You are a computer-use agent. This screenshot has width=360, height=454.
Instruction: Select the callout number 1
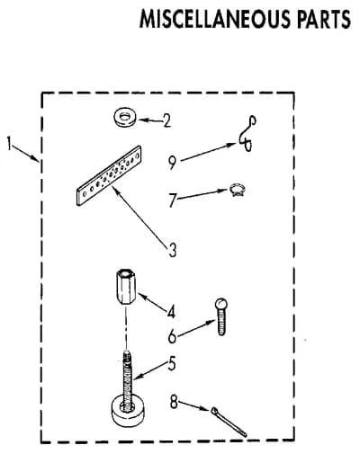point(10,143)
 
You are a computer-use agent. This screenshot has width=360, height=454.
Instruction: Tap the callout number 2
point(166,121)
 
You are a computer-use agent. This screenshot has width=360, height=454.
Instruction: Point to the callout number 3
point(172,250)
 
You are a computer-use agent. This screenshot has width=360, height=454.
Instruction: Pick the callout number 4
point(171,312)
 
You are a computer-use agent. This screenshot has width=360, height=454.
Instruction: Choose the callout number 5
point(172,363)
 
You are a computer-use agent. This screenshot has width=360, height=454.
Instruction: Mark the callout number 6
point(172,336)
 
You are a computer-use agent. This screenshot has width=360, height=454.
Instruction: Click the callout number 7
point(172,200)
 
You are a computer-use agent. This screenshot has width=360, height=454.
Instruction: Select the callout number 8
point(174,402)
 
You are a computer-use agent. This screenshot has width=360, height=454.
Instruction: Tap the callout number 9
point(172,163)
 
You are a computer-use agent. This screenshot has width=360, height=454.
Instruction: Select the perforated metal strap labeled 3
point(109,175)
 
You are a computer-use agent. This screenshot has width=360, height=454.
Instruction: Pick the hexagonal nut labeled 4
point(125,287)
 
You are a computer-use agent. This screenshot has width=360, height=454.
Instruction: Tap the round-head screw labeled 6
point(221,316)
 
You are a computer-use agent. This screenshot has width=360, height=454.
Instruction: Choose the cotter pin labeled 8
point(229,421)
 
